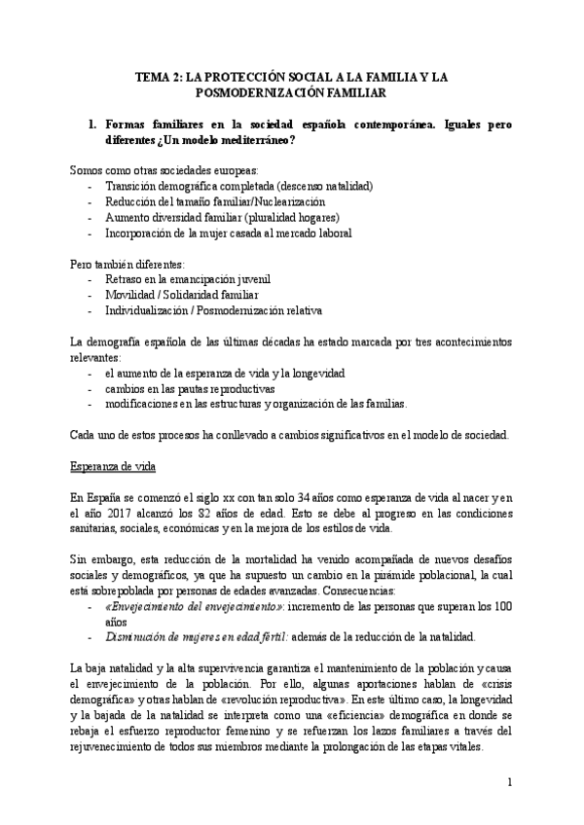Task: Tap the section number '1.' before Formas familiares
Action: click(x=92, y=126)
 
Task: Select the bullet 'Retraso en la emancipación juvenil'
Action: click(x=187, y=279)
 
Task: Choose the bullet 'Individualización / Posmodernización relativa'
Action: click(x=213, y=310)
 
